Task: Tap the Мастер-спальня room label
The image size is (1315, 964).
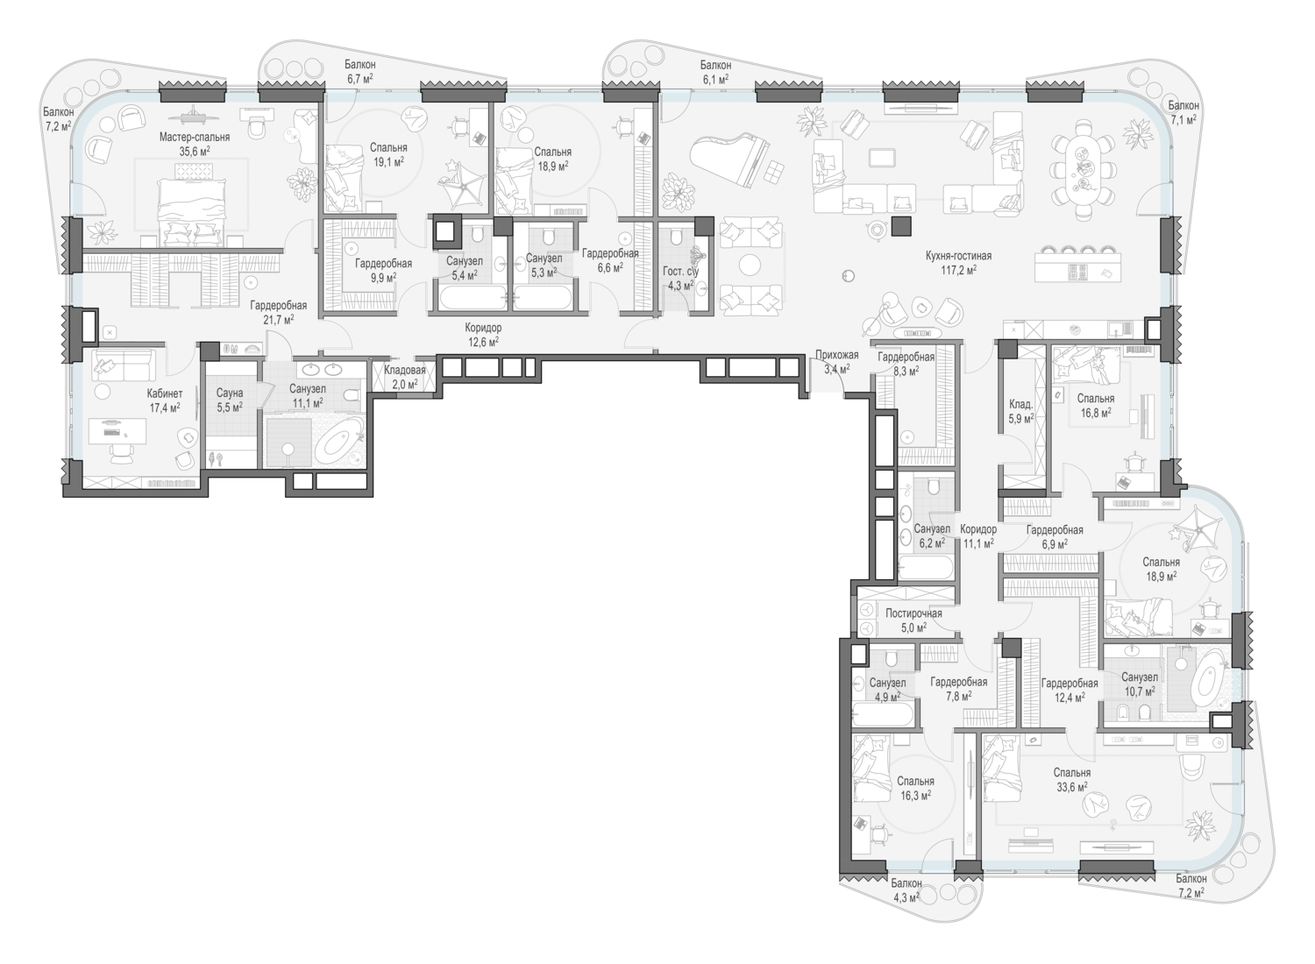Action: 195,138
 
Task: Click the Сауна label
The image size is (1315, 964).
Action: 230,393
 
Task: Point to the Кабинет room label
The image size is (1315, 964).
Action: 165,394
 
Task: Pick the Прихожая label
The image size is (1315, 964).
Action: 836,355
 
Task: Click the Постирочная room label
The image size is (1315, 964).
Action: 913,613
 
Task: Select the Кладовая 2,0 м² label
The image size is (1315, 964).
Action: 404,377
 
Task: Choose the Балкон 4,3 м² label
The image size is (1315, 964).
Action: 907,890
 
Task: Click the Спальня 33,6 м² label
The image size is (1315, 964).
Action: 1072,779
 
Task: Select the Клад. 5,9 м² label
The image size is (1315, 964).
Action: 1020,412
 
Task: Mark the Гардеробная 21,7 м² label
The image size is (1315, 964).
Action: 278,312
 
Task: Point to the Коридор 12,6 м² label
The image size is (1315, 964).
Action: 483,334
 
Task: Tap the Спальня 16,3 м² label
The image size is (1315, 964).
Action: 915,788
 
